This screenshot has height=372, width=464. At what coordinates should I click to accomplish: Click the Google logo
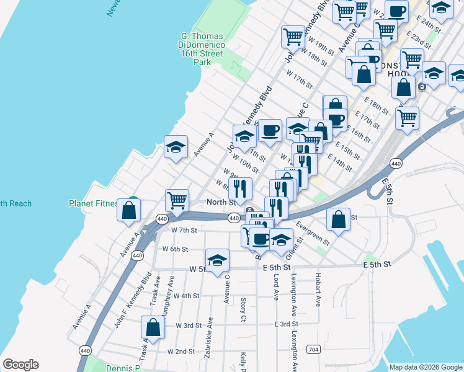(x=21, y=365)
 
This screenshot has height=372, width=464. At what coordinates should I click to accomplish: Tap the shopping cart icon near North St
(x=177, y=201)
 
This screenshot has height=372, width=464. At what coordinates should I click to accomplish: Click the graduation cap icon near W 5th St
(x=218, y=260)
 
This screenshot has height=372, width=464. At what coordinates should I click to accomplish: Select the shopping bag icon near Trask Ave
(x=153, y=327)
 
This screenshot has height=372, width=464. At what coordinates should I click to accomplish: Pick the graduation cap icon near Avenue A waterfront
(x=176, y=148)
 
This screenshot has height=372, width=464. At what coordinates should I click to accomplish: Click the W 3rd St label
(x=189, y=325)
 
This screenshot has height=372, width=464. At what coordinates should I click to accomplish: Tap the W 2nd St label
(x=181, y=351)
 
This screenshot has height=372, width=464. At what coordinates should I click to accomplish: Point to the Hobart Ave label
(x=318, y=290)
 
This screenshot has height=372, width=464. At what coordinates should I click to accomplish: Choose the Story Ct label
(x=243, y=310)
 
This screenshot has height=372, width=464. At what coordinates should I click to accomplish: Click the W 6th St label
(x=175, y=249)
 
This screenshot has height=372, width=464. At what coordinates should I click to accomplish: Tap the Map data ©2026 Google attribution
(x=425, y=367)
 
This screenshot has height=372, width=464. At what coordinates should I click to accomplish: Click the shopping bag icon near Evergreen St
(x=338, y=219)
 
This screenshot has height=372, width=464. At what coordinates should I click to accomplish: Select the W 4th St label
(x=186, y=296)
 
